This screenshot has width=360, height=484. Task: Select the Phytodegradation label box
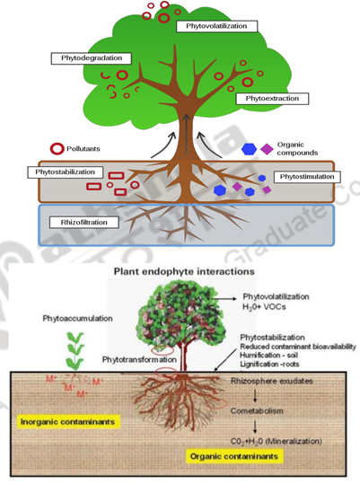(x=92, y=58)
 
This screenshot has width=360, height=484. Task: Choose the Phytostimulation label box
(x=305, y=177)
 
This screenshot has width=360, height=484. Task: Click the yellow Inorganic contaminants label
(x=69, y=419)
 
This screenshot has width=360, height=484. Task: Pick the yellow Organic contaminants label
(x=233, y=456)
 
